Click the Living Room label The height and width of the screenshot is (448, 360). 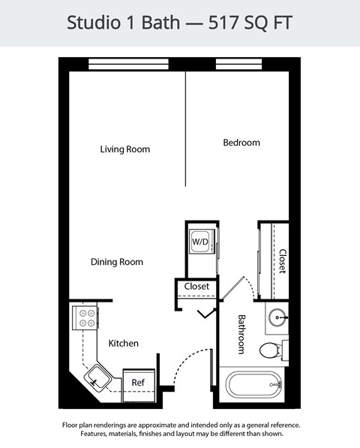(125, 149)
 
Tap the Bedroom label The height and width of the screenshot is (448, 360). (241, 143)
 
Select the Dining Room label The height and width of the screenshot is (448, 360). (116, 262)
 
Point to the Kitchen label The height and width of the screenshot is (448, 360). (123, 343)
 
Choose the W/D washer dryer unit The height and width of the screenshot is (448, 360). (200, 242)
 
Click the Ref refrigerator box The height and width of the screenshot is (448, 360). (138, 382)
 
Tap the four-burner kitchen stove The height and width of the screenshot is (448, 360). (86, 318)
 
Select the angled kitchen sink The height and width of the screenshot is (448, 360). (97, 377)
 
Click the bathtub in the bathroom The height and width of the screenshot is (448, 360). (253, 386)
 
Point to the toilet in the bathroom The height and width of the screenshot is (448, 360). (271, 350)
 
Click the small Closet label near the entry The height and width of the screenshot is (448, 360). (196, 286)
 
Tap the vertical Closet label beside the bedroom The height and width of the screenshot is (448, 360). (282, 260)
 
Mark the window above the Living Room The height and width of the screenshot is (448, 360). (126, 64)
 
